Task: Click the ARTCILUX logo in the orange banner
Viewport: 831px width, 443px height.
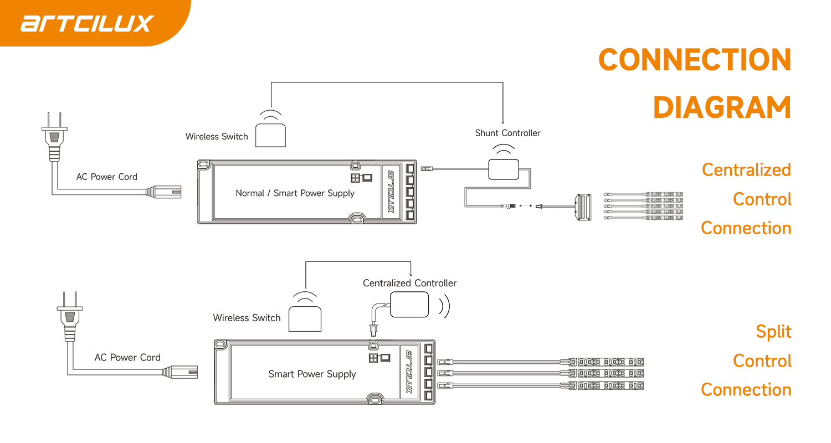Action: click(x=88, y=23)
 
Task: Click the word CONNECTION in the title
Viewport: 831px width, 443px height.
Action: click(x=695, y=60)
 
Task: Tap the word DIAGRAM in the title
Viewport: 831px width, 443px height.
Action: click(x=722, y=108)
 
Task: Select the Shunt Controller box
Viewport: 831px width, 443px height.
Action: click(x=503, y=169)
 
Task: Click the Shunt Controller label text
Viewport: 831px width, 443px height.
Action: click(x=507, y=133)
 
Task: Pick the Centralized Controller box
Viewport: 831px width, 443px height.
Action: click(x=409, y=304)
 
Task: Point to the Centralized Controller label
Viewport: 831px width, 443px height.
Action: click(x=409, y=283)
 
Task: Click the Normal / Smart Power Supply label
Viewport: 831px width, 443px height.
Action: click(x=295, y=193)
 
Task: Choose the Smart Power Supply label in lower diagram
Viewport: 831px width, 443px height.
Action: click(x=312, y=374)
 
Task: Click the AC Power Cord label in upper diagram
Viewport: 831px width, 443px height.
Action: click(x=106, y=177)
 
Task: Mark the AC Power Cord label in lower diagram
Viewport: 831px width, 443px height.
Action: click(x=127, y=358)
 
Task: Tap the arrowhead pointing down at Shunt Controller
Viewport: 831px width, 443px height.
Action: click(x=503, y=122)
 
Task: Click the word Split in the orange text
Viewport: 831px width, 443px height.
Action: click(x=773, y=332)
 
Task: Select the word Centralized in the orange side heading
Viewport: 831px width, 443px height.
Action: click(x=746, y=169)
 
